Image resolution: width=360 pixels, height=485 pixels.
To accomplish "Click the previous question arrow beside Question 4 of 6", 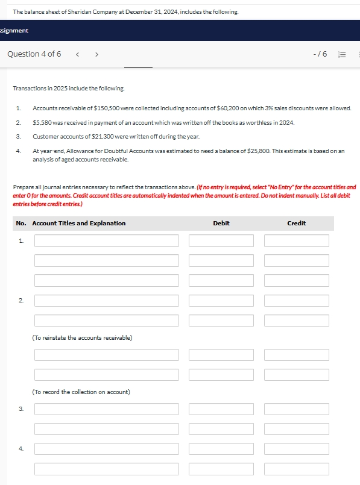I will click(x=78, y=54).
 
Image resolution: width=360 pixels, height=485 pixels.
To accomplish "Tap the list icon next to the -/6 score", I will click(x=341, y=54).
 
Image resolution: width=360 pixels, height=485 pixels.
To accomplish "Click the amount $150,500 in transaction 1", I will click(x=107, y=108).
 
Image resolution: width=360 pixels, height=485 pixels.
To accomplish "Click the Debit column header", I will click(x=221, y=224).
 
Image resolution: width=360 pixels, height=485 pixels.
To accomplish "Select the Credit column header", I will click(x=296, y=224).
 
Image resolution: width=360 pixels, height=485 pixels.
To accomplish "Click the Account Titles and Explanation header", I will click(x=79, y=224).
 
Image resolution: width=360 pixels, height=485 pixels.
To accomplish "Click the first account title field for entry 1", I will click(x=107, y=241).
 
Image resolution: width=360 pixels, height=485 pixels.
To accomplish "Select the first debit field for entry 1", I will click(x=221, y=241).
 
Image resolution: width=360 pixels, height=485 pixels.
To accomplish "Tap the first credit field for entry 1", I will click(x=296, y=241).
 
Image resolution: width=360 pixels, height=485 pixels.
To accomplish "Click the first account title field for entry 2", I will click(x=107, y=301).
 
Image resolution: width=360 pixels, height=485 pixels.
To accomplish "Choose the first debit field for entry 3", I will click(x=221, y=409).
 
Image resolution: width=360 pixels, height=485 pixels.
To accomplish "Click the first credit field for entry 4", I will click(x=296, y=449).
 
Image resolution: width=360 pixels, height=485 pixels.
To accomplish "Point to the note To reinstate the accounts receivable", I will click(x=82, y=337).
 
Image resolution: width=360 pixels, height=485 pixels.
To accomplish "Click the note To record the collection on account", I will click(x=81, y=392).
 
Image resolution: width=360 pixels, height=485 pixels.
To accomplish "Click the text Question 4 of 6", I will click(x=34, y=54).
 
